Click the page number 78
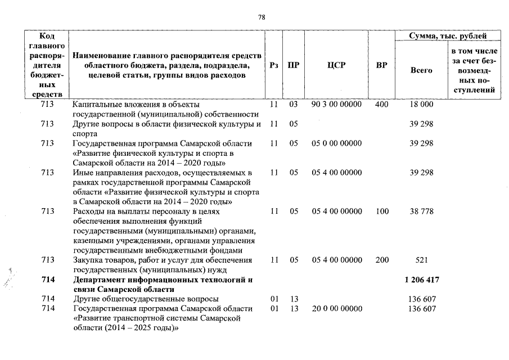[x=262, y=17]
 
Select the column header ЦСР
[x=336, y=65]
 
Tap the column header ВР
[x=381, y=65]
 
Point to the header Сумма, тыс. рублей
[x=448, y=36]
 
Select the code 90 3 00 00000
[x=336, y=105]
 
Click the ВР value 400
[x=381, y=105]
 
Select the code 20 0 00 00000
[x=336, y=309]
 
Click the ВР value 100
[x=381, y=211]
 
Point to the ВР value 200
[x=381, y=260]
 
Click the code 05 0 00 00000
[x=336, y=143]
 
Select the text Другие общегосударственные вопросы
[x=146, y=299]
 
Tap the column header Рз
[x=274, y=65]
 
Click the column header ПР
[x=293, y=65]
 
